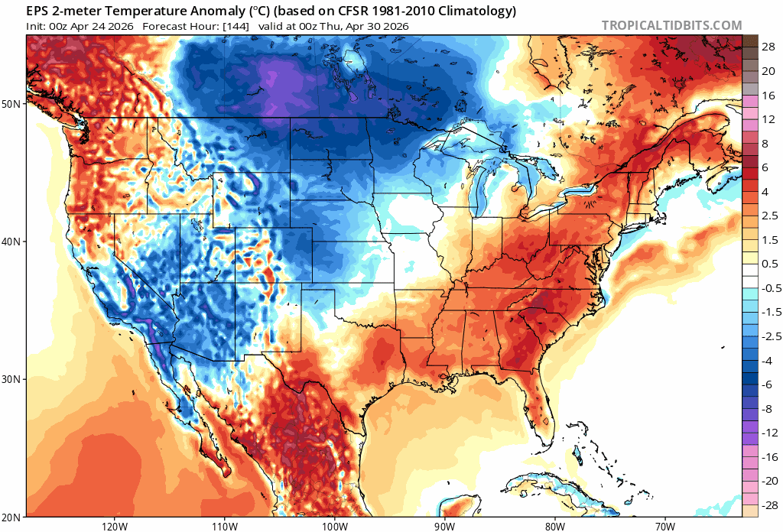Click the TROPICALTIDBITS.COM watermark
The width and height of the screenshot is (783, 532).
tap(671, 25)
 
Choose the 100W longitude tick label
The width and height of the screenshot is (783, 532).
tap(334, 525)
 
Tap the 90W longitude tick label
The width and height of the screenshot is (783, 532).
tap(444, 525)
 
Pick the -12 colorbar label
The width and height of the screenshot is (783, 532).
tap(765, 432)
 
